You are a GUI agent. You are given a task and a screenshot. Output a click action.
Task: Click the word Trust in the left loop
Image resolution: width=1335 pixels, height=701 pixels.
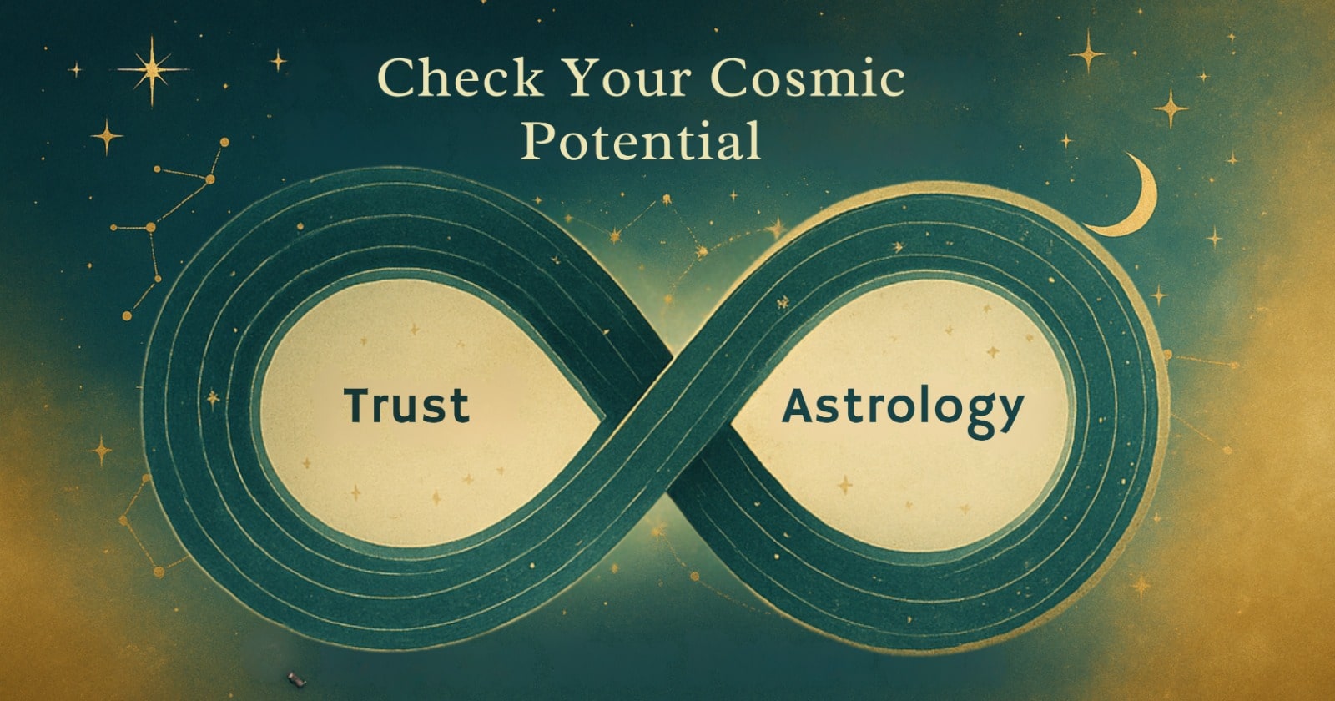(x=406, y=405)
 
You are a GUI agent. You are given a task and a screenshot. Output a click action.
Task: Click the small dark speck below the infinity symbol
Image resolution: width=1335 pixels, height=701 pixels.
(x=292, y=677)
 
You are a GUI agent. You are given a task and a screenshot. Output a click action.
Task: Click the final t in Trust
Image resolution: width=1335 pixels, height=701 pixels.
(x=460, y=406)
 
